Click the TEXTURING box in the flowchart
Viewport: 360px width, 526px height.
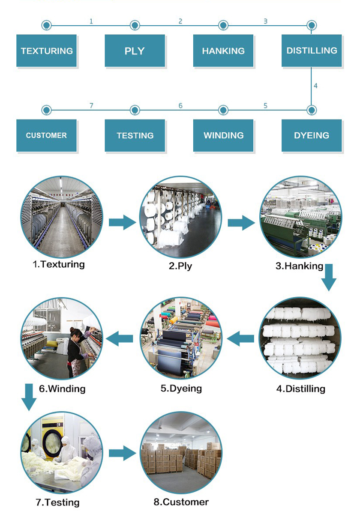tap(47, 51)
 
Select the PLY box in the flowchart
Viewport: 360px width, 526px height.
tap(135, 51)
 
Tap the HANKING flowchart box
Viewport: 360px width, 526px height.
tap(223, 51)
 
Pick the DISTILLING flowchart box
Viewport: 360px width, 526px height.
tap(312, 51)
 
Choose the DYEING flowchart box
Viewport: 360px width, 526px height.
tap(312, 135)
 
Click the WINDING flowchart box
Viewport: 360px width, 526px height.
tap(223, 135)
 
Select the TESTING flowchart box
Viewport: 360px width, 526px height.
tap(135, 135)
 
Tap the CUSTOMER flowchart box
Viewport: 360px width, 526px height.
tap(47, 135)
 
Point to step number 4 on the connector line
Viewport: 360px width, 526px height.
tap(315, 86)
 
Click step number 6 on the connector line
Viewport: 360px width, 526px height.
tap(180, 105)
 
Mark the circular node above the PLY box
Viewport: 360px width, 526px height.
tap(135, 26)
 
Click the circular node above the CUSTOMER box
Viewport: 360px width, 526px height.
tap(46, 111)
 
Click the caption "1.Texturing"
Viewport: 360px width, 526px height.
tap(59, 264)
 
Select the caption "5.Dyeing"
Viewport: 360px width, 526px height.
tap(181, 389)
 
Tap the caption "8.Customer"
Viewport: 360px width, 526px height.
tap(181, 502)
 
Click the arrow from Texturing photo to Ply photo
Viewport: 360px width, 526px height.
tap(122, 222)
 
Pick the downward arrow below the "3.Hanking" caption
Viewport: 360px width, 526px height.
tap(329, 278)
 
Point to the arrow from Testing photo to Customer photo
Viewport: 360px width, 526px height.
tap(122, 453)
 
